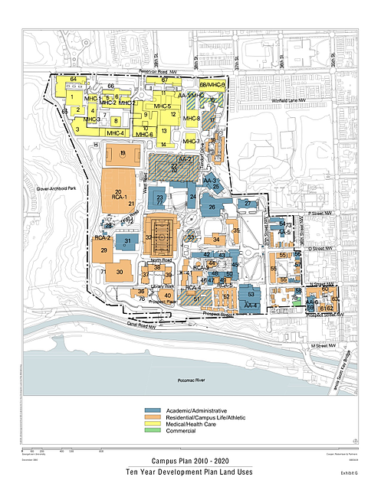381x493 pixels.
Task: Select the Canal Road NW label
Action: click(x=146, y=325)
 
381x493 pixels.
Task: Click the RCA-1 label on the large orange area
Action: click(x=119, y=197)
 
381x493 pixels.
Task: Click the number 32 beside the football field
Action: click(x=148, y=237)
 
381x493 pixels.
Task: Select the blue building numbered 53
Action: click(x=251, y=293)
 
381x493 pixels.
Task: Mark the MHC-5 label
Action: click(x=163, y=106)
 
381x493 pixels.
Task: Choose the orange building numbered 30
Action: click(x=120, y=272)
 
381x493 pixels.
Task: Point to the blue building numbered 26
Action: click(x=212, y=207)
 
